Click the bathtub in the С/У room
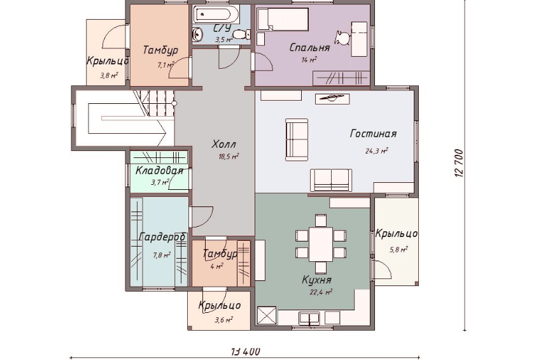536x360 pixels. pyautogui.click(x=215, y=14)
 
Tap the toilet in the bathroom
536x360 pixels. pyautogui.click(x=241, y=34)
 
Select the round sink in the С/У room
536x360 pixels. pyautogui.click(x=197, y=34)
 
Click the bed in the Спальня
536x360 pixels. pyautogui.click(x=283, y=19)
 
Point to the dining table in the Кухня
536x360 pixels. pyautogui.click(x=321, y=243)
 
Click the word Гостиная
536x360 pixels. pyautogui.click(x=373, y=133)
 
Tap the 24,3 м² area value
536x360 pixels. pyautogui.click(x=376, y=150)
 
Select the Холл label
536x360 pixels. pyautogui.click(x=223, y=144)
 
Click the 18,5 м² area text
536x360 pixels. pyautogui.click(x=229, y=157)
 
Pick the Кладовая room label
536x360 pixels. pyautogui.click(x=159, y=170)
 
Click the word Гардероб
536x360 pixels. pyautogui.click(x=162, y=237)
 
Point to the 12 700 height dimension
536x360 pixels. pyautogui.click(x=459, y=163)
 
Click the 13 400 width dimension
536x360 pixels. pyautogui.click(x=245, y=352)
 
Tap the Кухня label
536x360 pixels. pyautogui.click(x=316, y=280)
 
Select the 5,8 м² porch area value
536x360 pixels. pyautogui.click(x=398, y=250)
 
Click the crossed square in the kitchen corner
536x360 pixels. pyautogui.click(x=267, y=315)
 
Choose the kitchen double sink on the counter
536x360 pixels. pyautogui.click(x=309, y=318)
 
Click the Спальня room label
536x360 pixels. pyautogui.click(x=310, y=47)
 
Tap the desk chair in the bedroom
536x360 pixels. pyautogui.click(x=342, y=38)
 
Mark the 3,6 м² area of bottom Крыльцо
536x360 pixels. pyautogui.click(x=223, y=320)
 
